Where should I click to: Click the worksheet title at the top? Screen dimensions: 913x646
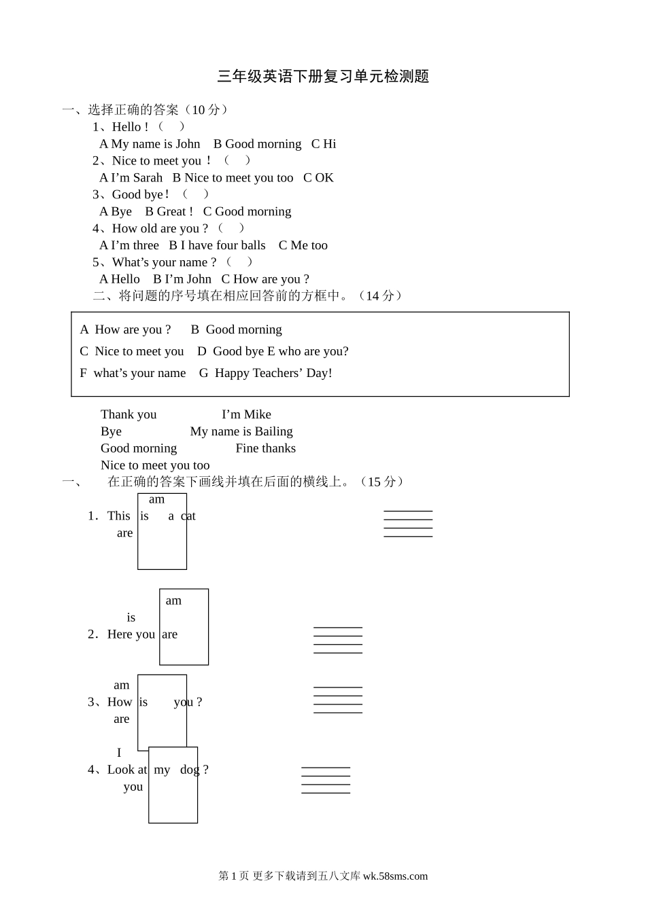pos(323,77)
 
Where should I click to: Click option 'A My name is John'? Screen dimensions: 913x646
pos(150,144)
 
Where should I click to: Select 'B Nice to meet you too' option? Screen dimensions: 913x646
pos(233,178)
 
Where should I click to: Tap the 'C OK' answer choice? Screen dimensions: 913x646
pos(318,178)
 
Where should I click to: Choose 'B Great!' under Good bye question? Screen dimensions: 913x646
pos(169,212)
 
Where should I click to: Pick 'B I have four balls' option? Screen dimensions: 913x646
pos(217,245)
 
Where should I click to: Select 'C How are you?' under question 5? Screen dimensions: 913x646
pos(265,279)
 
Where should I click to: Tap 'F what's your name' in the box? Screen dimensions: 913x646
pos(133,373)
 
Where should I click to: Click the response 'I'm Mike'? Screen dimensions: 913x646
pos(246,414)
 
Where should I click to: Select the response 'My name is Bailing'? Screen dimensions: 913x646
pos(241,431)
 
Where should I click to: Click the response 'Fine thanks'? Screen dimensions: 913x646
pos(265,448)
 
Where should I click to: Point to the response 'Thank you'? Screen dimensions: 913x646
pos(129,414)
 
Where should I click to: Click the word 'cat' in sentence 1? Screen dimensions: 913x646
pos(188,516)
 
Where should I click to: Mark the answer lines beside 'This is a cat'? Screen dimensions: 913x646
pos(408,524)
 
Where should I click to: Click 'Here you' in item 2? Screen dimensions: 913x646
pos(131,634)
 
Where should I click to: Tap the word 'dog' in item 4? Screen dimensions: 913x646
pos(190,770)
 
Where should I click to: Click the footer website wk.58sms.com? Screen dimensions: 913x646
pos(395,876)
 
